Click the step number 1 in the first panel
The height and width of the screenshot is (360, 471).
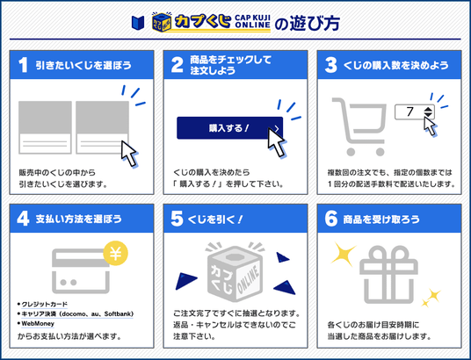click(23, 64)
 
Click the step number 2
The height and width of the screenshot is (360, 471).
click(177, 64)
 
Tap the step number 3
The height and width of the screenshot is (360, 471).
click(330, 64)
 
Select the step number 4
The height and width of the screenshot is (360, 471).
click(23, 218)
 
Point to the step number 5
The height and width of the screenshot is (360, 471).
click(177, 218)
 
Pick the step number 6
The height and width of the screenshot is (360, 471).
click(330, 218)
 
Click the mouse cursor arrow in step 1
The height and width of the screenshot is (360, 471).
click(128, 152)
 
